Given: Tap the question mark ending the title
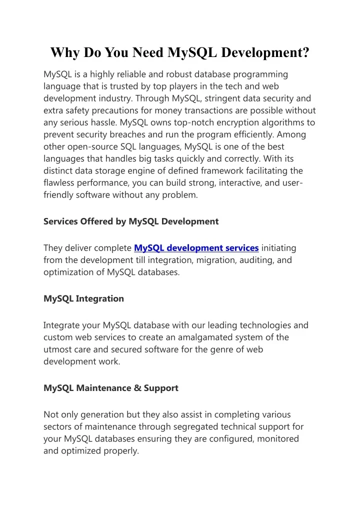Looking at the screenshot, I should pyautogui.click(x=305, y=52).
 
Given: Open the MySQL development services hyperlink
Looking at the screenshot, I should pyautogui.click(x=196, y=248).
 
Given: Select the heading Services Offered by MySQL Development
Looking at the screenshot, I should pyautogui.click(x=131, y=221).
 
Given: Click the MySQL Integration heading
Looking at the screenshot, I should pyautogui.click(x=83, y=299).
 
